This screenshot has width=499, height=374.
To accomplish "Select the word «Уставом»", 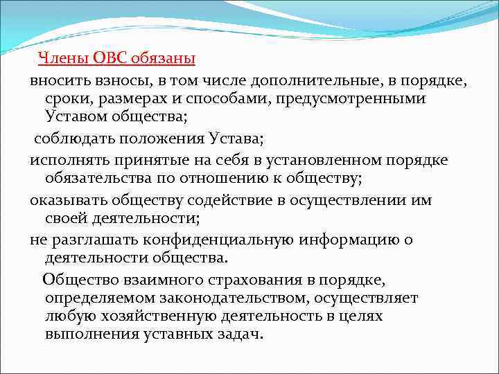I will tap(77, 118).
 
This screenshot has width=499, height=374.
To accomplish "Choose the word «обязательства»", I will tap(96, 179).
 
